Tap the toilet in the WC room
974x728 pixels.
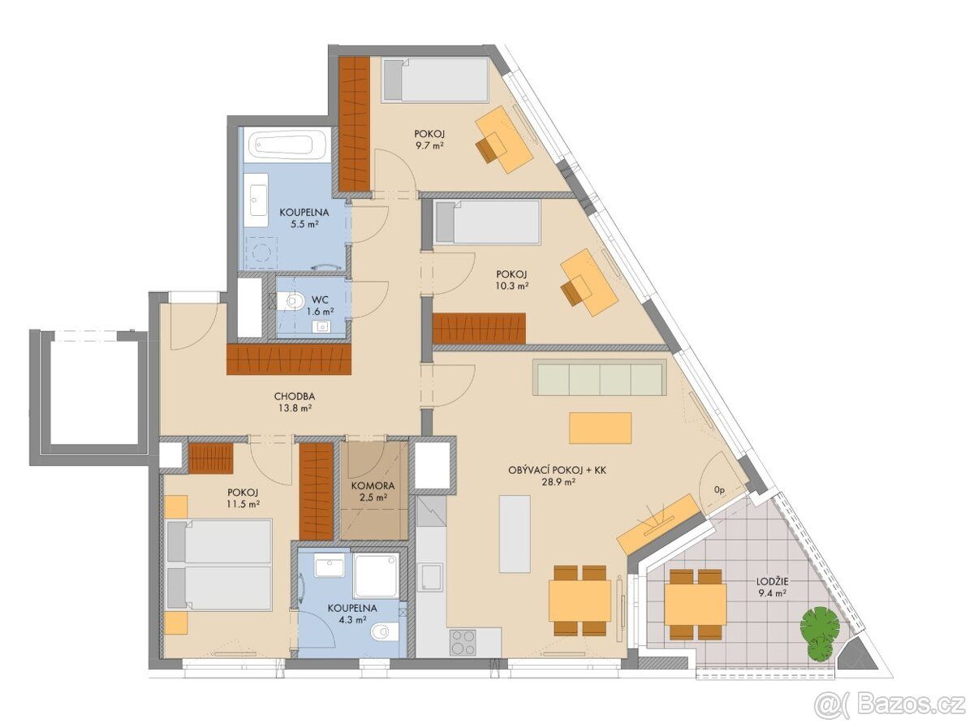coord(290,302)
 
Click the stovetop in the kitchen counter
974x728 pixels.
coord(463,643)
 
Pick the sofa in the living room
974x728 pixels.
coord(601,377)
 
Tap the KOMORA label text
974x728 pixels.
coord(373,486)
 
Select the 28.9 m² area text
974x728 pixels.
coord(558,481)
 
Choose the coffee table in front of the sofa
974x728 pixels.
coord(601,428)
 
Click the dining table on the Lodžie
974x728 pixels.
coord(696,604)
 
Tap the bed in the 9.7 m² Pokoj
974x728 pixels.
coord(435,80)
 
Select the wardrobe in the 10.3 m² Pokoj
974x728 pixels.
coord(479,328)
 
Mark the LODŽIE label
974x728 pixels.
coord(773,582)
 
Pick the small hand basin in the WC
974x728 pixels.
coord(321,326)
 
